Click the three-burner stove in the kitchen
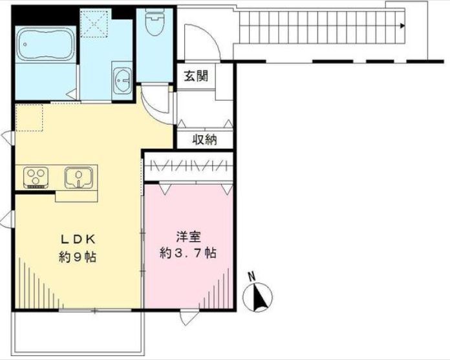click(37, 176)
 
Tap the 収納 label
click(204, 139)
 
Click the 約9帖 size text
click(77, 257)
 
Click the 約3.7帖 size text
click(187, 253)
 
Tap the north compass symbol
click(257, 298)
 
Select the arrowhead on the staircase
click(402, 26)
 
